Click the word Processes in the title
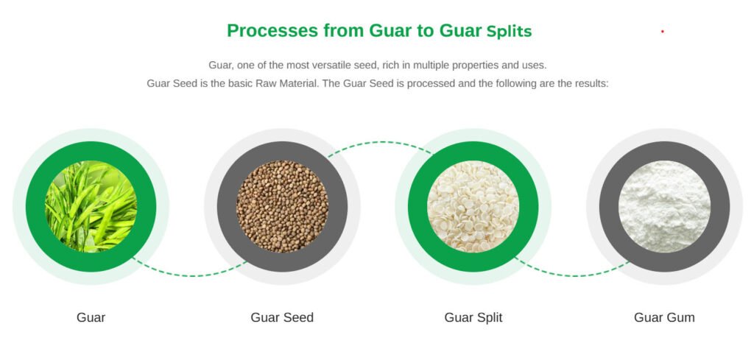(x=272, y=31)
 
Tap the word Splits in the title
(x=510, y=32)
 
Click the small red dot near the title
(x=663, y=31)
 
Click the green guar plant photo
(x=91, y=206)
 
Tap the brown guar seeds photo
(x=282, y=206)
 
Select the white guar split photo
(x=473, y=206)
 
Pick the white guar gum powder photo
(x=665, y=206)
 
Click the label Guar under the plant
(x=91, y=317)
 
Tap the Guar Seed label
(x=282, y=317)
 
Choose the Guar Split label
(x=473, y=318)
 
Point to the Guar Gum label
(x=665, y=317)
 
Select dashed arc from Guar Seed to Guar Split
(x=380, y=142)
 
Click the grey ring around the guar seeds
(x=282, y=150)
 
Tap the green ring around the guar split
(x=473, y=150)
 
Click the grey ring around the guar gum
(x=665, y=150)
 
